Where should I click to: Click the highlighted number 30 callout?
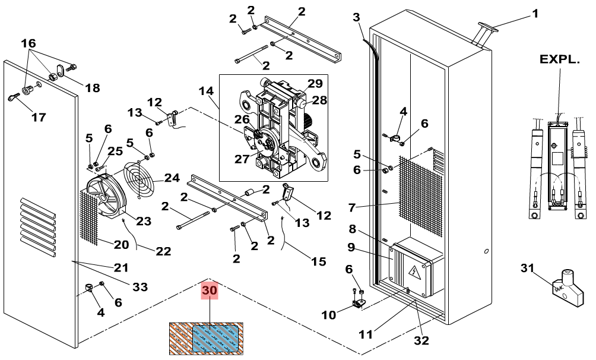[210, 290]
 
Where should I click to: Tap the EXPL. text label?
[560, 59]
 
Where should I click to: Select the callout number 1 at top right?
[535, 14]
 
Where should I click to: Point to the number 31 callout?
[528, 269]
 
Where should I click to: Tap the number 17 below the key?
[39, 117]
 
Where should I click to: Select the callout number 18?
[92, 88]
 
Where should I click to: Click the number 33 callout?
[140, 286]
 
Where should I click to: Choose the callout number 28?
[319, 100]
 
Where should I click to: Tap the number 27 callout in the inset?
[242, 159]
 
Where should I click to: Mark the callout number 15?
[319, 261]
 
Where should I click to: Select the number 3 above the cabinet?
[356, 17]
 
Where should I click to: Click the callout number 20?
[121, 244]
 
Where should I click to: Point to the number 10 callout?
[329, 315]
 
